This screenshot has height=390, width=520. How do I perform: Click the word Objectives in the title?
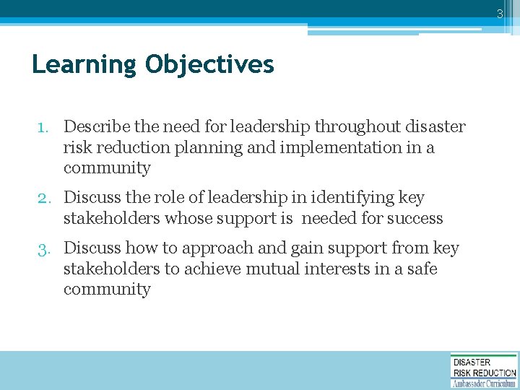coord(209,65)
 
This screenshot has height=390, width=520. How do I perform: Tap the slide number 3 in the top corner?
coord(499,13)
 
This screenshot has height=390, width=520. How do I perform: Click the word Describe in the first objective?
coord(93,127)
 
